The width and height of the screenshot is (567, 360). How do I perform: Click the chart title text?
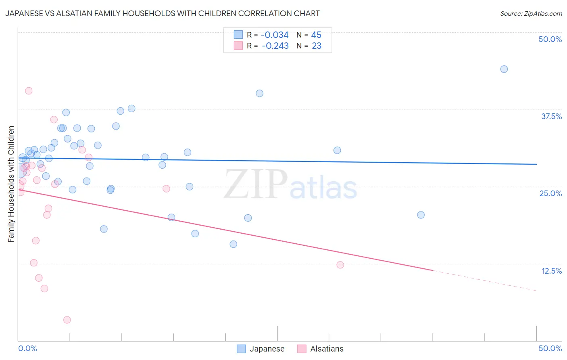pyautogui.click(x=162, y=14)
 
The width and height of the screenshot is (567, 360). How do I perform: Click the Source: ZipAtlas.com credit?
pyautogui.click(x=531, y=14)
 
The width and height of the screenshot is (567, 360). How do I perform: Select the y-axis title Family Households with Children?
pyautogui.click(x=11, y=184)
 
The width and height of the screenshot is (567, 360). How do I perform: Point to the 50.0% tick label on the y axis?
pyautogui.click(x=550, y=39)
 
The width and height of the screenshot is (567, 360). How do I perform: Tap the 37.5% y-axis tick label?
pyautogui.click(x=551, y=116)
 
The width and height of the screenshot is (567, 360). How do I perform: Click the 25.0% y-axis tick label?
pyautogui.click(x=550, y=193)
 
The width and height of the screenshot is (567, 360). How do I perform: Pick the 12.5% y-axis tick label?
pyautogui.click(x=551, y=271)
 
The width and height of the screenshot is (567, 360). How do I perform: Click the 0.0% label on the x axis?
pyautogui.click(x=27, y=348)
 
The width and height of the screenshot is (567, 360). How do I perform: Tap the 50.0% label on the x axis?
pyautogui.click(x=550, y=348)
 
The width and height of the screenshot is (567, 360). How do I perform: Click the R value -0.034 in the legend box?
pyautogui.click(x=275, y=35)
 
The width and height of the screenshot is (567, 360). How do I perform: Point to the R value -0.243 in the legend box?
pyautogui.click(x=275, y=46)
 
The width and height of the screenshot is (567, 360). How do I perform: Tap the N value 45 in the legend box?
pyautogui.click(x=316, y=35)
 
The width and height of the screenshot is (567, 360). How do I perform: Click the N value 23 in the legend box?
pyautogui.click(x=317, y=46)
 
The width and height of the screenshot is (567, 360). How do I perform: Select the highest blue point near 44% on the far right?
pyautogui.click(x=504, y=69)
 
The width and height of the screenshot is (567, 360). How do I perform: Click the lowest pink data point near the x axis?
pyautogui.click(x=67, y=320)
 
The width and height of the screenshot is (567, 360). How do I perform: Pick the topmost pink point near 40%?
pyautogui.click(x=29, y=91)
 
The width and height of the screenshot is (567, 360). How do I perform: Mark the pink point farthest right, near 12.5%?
pyautogui.click(x=340, y=265)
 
